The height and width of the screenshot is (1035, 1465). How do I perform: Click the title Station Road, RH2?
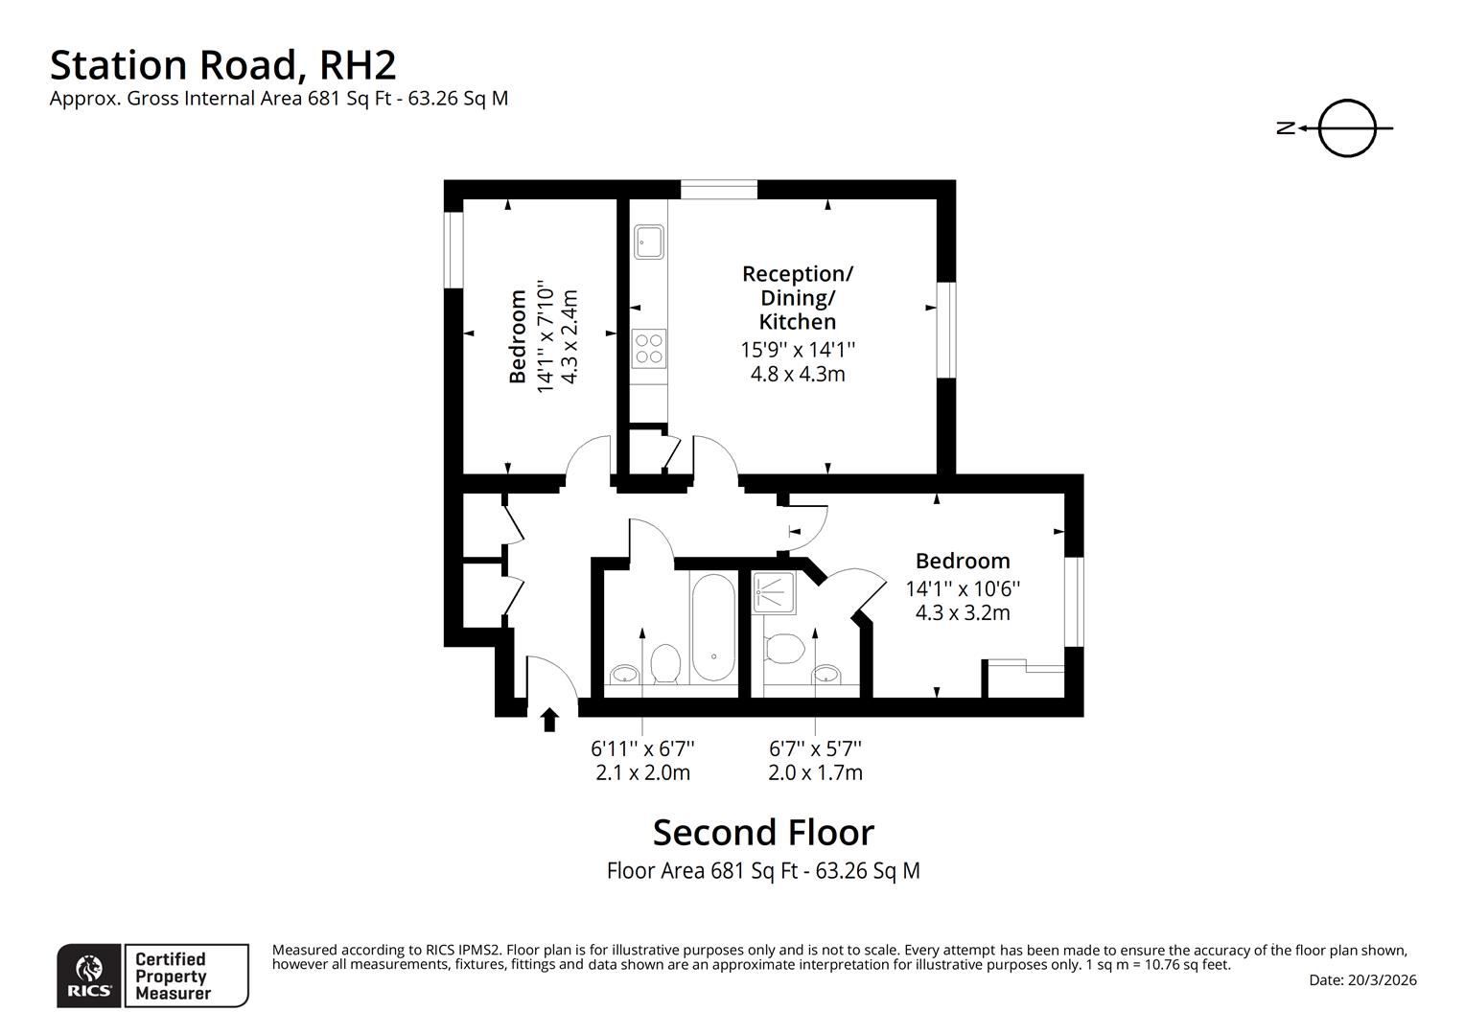tap(222, 65)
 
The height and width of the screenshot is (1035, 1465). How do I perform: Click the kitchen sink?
tap(648, 241)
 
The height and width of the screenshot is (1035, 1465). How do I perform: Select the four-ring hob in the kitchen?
tap(648, 347)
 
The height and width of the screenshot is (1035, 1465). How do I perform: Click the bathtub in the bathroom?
tap(712, 628)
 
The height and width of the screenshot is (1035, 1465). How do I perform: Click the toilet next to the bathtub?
tap(665, 662)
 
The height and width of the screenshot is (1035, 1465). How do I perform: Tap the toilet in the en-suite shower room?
tap(784, 649)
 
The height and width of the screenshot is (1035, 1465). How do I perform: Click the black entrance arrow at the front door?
tap(549, 720)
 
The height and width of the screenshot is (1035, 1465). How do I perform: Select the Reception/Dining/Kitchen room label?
tap(797, 297)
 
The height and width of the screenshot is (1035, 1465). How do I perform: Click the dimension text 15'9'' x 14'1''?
tap(797, 350)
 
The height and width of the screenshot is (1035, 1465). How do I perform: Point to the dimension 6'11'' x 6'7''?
tap(642, 747)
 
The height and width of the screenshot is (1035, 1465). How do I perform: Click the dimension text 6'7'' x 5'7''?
tap(815, 747)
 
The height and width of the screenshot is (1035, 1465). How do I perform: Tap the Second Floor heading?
tap(763, 833)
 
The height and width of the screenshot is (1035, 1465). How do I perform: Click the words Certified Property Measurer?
tap(173, 976)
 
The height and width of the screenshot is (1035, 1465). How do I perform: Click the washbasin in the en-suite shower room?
tap(826, 674)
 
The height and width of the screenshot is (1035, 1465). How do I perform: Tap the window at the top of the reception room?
tap(719, 189)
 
